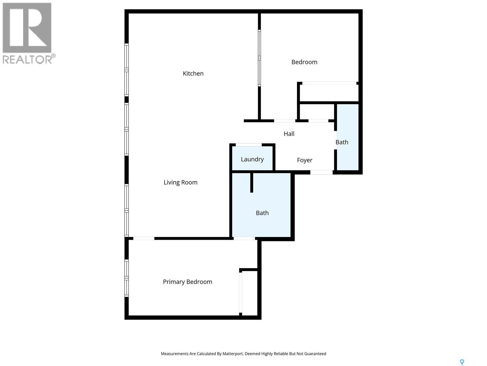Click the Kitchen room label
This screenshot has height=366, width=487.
pos(193,74)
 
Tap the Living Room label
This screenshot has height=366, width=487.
pos(180,182)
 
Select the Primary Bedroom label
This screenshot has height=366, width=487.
pos(187,282)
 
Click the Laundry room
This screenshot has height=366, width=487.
pos(252,159)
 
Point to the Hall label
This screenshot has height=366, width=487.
pos(289,134)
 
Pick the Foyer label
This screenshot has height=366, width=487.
pos(304,160)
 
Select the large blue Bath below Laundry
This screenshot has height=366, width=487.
pos(262,213)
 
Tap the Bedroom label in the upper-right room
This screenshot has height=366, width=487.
pos(304,62)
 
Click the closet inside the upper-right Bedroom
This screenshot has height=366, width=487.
pos(329,92)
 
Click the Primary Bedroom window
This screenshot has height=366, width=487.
pos(127,278)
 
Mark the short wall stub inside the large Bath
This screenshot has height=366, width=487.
pos(252,182)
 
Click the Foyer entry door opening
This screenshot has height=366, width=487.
pos(321,172)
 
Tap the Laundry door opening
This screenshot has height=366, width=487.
pos(249,145)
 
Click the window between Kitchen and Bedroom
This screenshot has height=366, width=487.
pos(259,58)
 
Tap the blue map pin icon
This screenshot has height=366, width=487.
pos(462,362)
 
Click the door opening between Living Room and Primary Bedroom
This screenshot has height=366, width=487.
pos(144,239)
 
